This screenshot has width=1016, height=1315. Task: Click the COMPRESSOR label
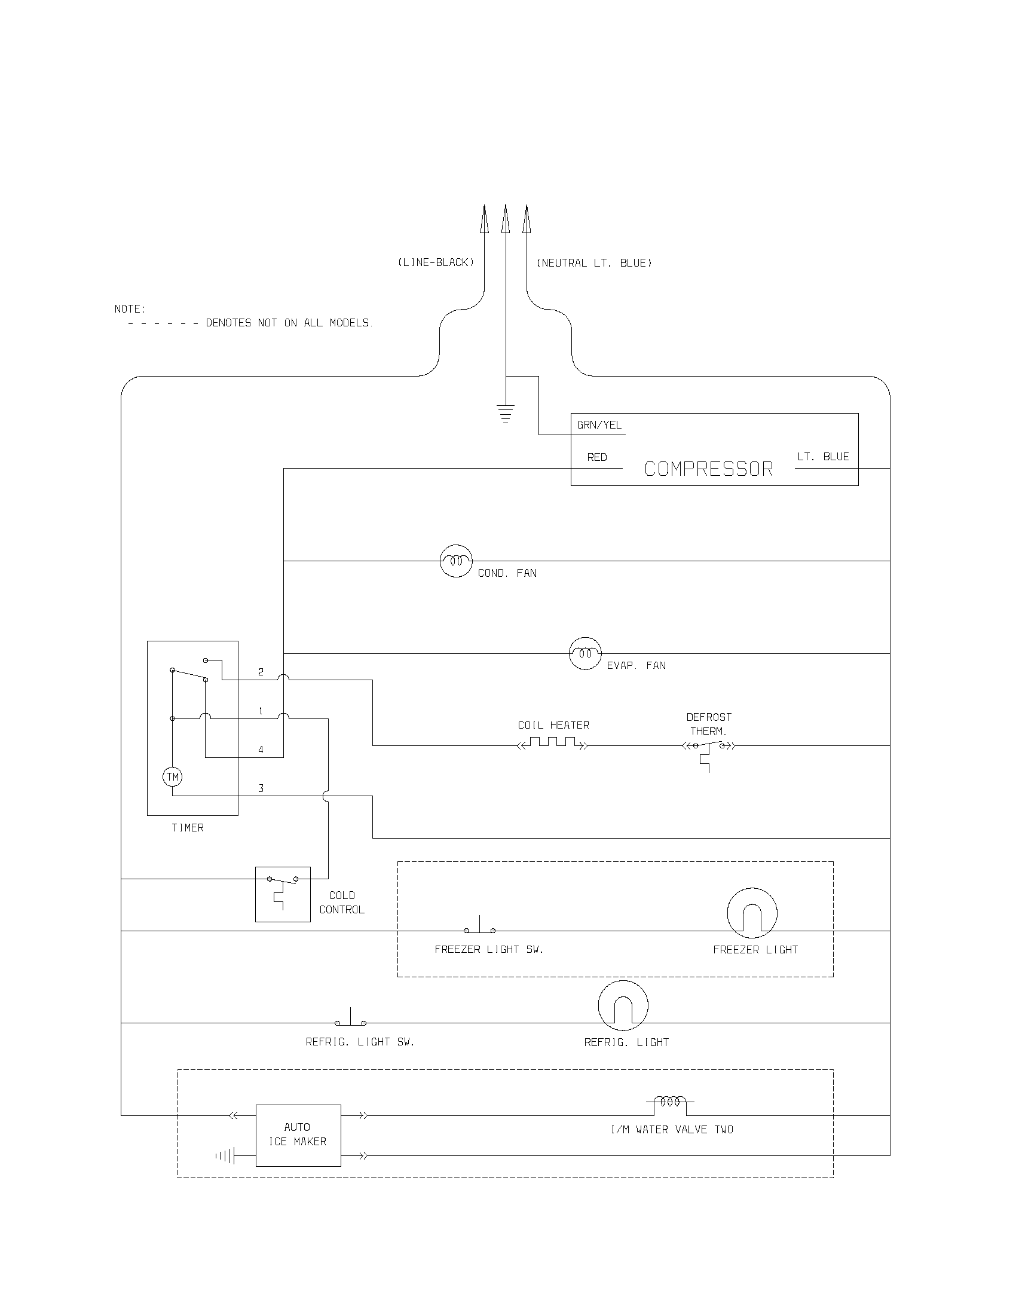(708, 469)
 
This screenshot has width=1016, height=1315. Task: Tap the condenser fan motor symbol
(456, 561)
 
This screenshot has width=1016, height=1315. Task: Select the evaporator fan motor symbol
(585, 653)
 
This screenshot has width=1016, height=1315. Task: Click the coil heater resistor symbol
(553, 744)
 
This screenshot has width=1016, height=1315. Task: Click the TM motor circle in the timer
(173, 776)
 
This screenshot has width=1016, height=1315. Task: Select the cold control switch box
(283, 894)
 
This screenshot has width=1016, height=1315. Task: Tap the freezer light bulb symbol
(752, 913)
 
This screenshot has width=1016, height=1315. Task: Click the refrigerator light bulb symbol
(623, 1005)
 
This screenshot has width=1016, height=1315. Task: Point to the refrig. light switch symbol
(351, 1019)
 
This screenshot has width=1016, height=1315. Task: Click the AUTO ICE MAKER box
(298, 1135)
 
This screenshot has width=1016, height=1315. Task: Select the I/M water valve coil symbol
(670, 1102)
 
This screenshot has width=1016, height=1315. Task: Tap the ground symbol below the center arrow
(506, 414)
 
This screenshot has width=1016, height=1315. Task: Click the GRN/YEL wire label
(599, 425)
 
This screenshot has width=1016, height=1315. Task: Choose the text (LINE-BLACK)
(436, 262)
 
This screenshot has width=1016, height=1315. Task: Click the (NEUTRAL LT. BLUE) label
(594, 263)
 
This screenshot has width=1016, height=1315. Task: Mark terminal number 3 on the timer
(261, 788)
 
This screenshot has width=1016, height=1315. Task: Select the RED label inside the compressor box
(597, 458)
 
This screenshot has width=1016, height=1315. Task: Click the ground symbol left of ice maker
(226, 1155)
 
